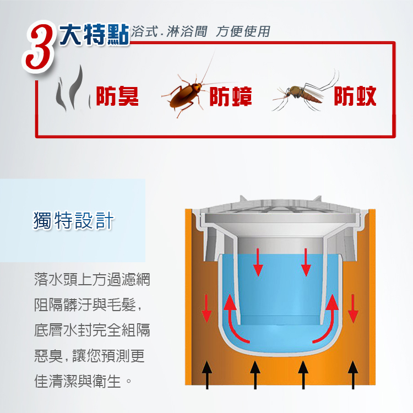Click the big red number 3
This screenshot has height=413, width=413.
click(40, 47)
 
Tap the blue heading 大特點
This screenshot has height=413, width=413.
click(94, 35)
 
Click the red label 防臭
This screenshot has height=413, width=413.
click(117, 96)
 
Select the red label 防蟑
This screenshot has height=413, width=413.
click(231, 96)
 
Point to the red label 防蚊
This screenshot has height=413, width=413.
click(355, 96)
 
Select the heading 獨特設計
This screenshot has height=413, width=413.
click(73, 220)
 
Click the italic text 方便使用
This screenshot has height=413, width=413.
click(243, 31)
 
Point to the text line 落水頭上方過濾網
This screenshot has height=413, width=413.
click(92, 279)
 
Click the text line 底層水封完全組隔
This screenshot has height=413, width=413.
click(92, 330)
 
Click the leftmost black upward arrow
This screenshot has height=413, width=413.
click(206, 375)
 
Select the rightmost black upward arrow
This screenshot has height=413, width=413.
click(353, 375)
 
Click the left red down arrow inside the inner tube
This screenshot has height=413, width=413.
click(258, 262)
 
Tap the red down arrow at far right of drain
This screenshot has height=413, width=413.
click(353, 308)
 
